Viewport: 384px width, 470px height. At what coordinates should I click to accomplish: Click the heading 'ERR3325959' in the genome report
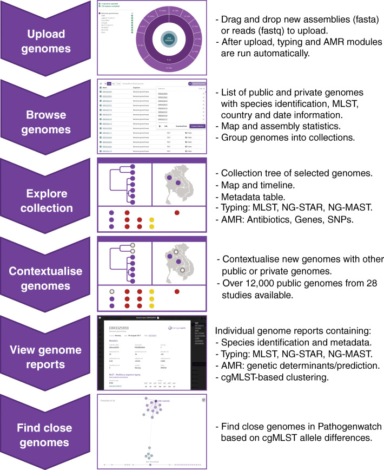click(129, 326)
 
